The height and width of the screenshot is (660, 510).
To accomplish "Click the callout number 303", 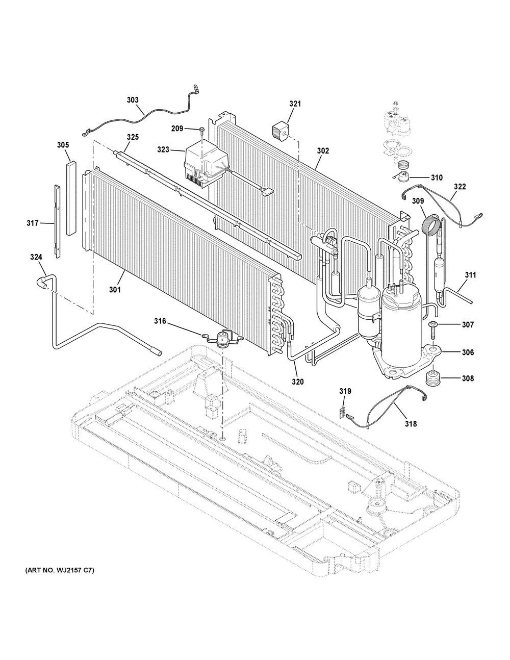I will pos(133,100).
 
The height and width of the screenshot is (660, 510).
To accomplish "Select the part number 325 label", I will pos(133,137).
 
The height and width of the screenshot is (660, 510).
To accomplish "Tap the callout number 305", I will pos(63,145).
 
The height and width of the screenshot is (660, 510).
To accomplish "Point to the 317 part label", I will pos(33,223).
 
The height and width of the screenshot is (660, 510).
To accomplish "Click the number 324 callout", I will pos(36,258).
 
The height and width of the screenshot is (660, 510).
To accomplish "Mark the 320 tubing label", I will pos(297,382).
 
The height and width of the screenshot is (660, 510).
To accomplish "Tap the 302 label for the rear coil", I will pos(323,151).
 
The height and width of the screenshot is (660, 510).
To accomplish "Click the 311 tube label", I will pos(470,275).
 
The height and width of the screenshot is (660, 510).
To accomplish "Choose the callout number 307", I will pos(468,325).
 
